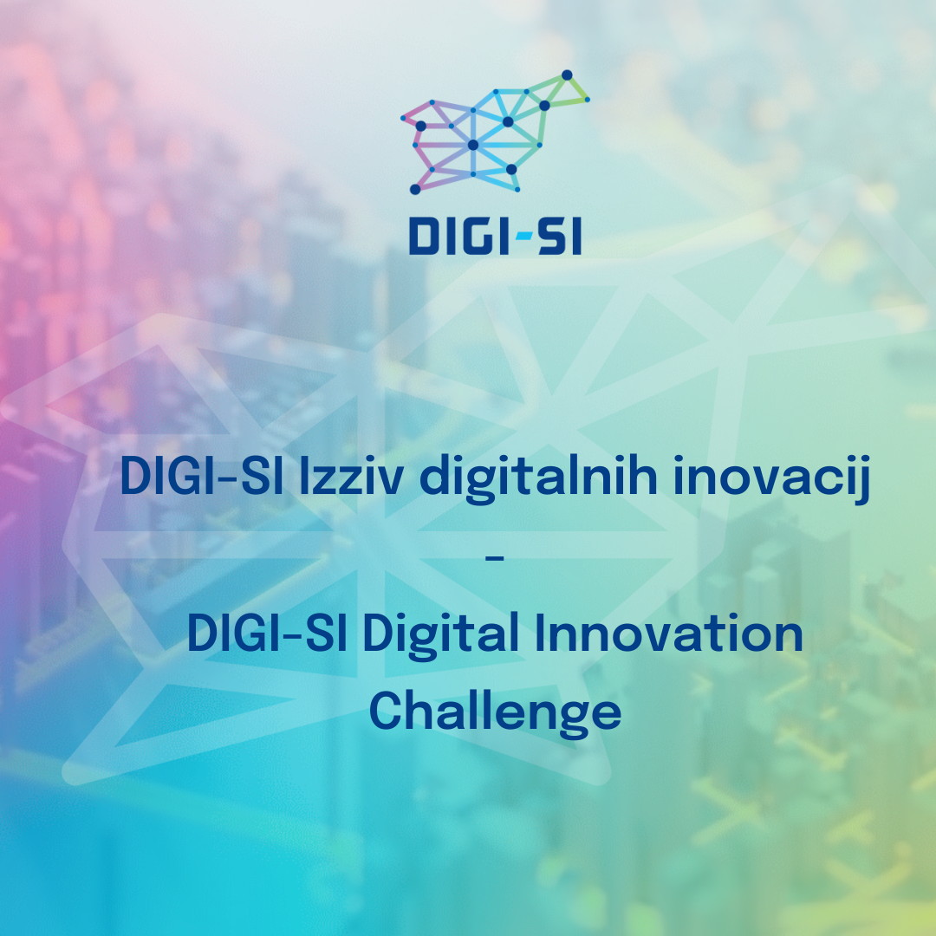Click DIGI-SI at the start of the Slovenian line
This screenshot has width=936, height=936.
pos(202,476)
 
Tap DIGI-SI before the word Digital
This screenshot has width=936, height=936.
pos(268,633)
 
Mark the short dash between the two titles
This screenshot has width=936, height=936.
pos(495,558)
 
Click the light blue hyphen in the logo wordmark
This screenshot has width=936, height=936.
pos(523,236)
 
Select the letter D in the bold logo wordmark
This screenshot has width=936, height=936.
pos(424,236)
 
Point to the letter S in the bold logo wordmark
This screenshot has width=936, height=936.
pos(549,236)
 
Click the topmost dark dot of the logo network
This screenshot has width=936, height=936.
pos(567,75)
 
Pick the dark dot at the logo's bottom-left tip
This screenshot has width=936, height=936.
pos(415,189)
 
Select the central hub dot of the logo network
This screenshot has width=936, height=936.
pos(473,145)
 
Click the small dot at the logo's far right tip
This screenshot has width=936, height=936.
pos(588,100)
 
